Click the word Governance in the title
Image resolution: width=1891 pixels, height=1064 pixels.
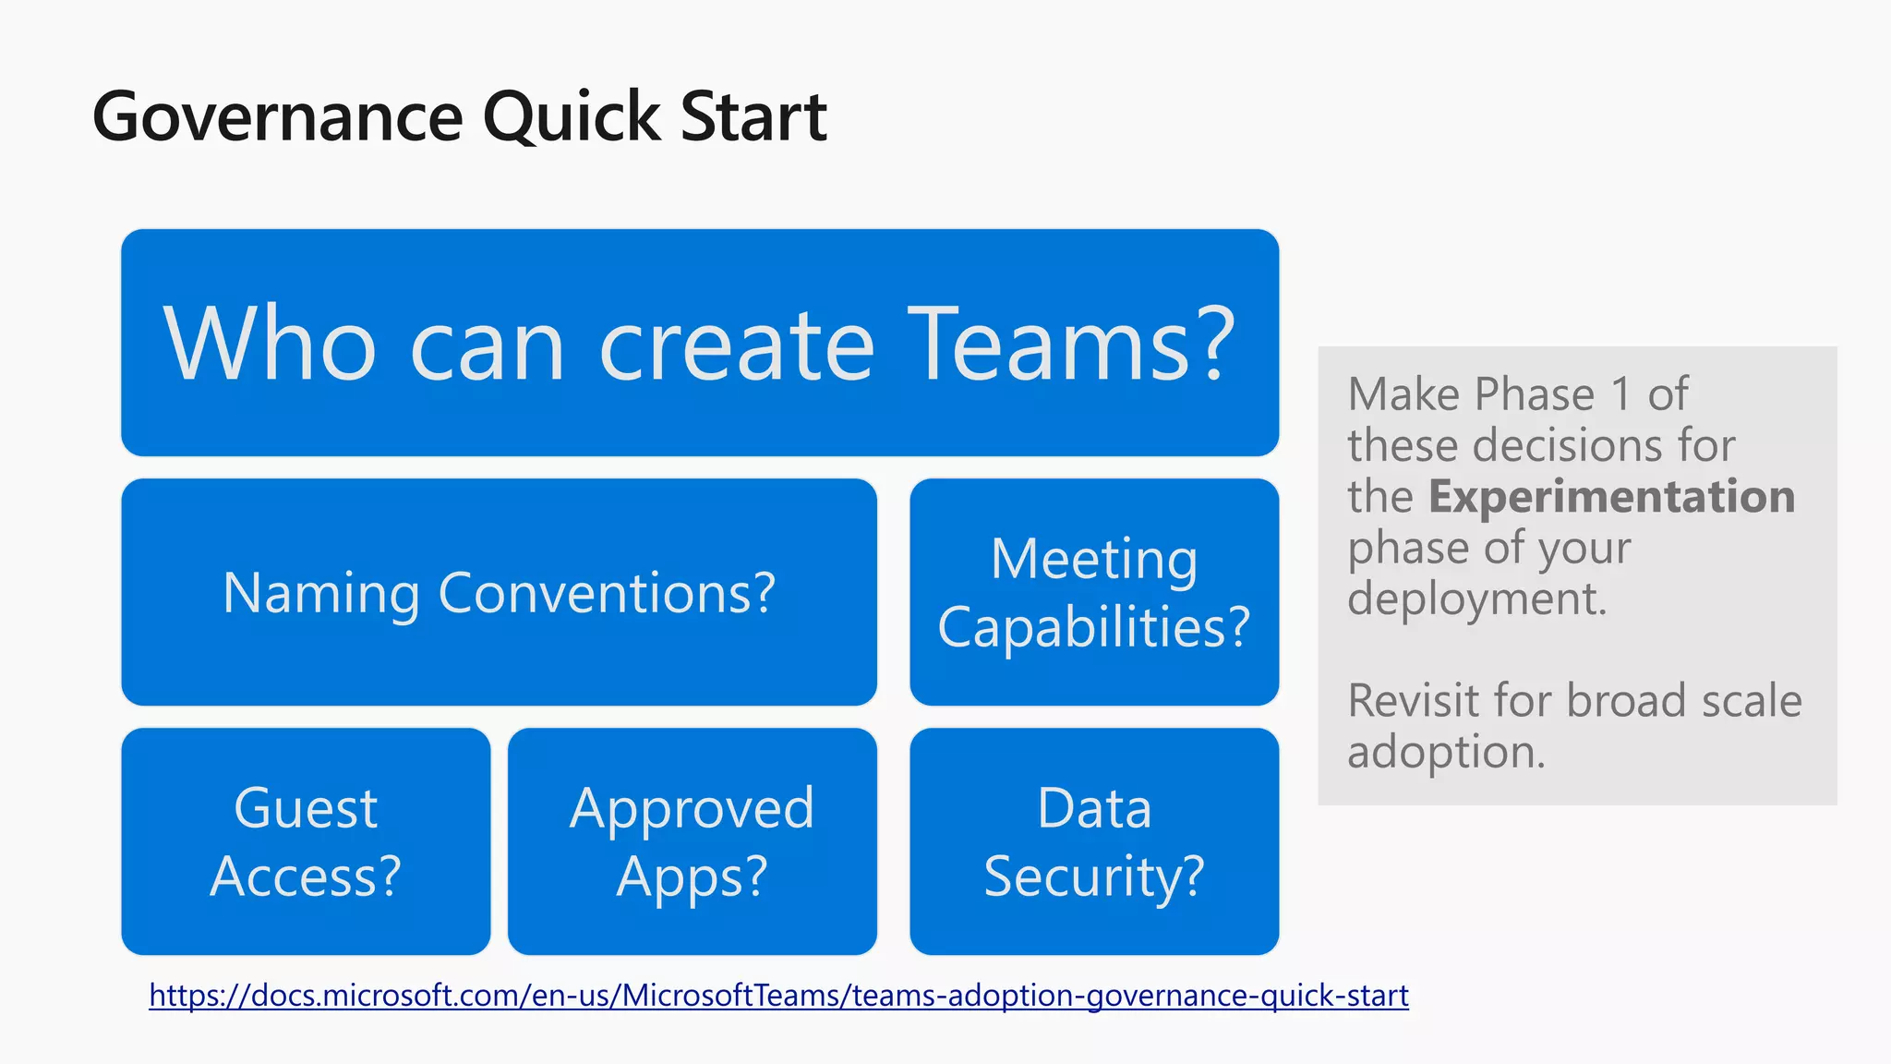point(277,117)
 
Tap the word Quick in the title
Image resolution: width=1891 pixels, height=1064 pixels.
point(571,117)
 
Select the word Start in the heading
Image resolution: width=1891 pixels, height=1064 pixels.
point(753,117)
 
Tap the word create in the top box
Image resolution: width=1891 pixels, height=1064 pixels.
point(736,346)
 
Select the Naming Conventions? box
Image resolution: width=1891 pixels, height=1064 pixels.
point(499,592)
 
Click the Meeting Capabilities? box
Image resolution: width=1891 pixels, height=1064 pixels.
point(1094,592)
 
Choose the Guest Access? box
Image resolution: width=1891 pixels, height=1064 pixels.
point(306,841)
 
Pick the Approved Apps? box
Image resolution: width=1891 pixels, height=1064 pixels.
point(692,841)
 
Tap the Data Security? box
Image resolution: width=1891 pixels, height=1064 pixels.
point(1094,841)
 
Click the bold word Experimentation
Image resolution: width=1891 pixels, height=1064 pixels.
point(1611,497)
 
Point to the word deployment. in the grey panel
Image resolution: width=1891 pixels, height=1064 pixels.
point(1476,598)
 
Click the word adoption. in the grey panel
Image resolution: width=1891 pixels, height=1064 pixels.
point(1446,752)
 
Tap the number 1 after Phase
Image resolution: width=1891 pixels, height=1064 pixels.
point(1620,395)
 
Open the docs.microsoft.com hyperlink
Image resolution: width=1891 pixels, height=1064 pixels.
point(778,995)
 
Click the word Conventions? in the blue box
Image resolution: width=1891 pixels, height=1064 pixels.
point(607,593)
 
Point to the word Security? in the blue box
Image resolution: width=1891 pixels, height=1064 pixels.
point(1094,876)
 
